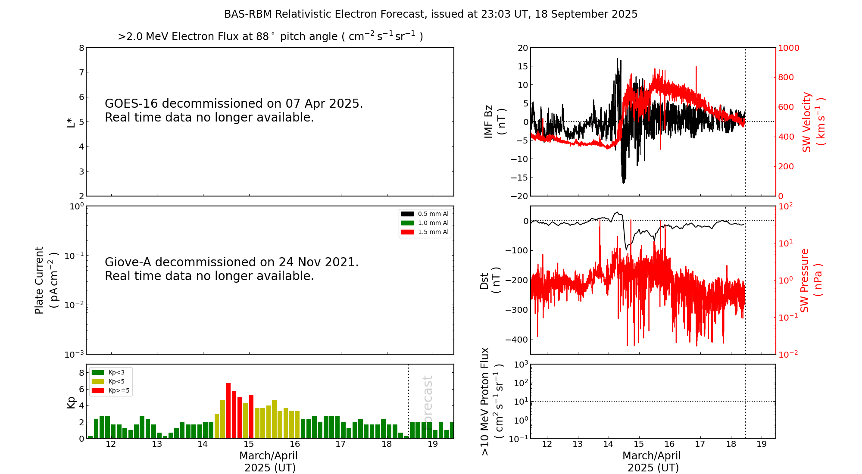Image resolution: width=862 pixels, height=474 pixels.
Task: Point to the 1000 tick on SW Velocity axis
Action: tap(788, 48)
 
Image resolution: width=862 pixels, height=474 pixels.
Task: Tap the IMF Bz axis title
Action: tap(494, 122)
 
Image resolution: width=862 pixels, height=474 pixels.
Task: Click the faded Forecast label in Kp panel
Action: tap(427, 401)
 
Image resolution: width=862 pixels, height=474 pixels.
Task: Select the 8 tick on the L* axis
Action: tap(81, 48)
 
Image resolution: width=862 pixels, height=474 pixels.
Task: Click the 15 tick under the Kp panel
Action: tap(249, 444)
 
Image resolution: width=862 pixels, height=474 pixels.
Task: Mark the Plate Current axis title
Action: tap(45, 280)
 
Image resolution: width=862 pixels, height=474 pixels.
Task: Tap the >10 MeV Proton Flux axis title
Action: tap(492, 401)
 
